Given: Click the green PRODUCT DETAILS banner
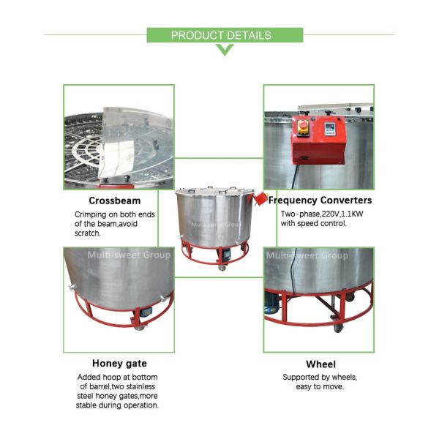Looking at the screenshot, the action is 225,35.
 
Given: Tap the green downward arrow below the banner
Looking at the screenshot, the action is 225,50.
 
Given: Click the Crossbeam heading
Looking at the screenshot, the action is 115,200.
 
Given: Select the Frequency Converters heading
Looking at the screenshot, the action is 320,200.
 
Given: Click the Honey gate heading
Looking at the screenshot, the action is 119,364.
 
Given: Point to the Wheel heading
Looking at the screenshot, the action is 321,364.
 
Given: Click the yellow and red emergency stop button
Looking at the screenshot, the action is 303,128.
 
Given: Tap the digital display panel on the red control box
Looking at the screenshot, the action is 331,129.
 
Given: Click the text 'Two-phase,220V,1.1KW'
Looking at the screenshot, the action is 322,214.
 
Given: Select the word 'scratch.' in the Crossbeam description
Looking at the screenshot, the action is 87,233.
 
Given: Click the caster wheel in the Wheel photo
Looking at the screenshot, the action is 338,327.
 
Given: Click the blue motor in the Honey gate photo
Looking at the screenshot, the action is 146,312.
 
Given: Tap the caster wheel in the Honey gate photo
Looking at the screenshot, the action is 139,327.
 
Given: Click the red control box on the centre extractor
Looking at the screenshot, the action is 260,198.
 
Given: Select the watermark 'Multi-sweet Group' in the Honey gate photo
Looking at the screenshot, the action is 129,255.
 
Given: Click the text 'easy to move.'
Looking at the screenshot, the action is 320,387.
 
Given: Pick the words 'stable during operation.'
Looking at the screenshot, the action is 117,405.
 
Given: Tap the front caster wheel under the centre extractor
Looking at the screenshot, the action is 222,268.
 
